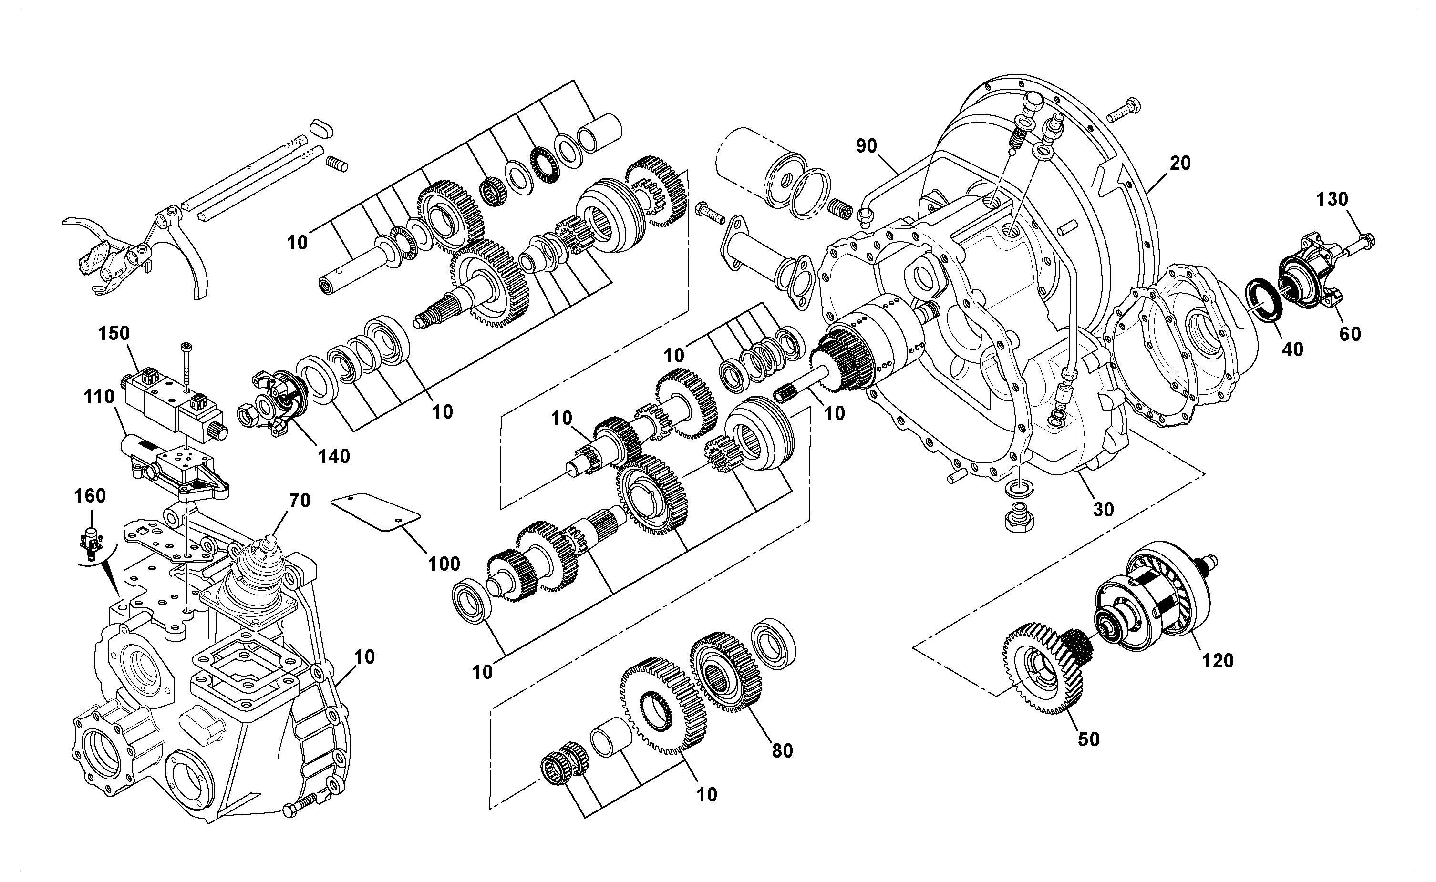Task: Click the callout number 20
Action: [x=1180, y=164]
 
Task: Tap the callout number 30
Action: [x=1104, y=509]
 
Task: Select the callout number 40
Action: [x=1293, y=349]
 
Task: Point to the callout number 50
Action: [x=1089, y=739]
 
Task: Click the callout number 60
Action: [x=1350, y=334]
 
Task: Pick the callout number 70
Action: [x=300, y=500]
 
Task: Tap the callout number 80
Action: [x=783, y=751]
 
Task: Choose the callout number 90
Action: [x=867, y=146]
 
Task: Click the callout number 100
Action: [x=444, y=564]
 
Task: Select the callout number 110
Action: [x=99, y=397]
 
